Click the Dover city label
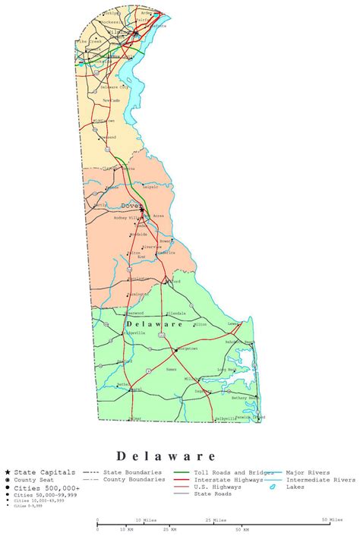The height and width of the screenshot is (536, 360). [x=130, y=205]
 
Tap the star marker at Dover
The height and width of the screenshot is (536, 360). [x=142, y=210]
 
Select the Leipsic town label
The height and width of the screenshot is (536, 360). [x=150, y=185]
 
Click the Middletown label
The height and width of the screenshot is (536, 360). [x=103, y=120]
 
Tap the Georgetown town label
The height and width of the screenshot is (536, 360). [x=187, y=348]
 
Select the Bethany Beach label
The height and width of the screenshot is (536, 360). [x=245, y=397]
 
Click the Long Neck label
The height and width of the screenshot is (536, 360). [x=226, y=370]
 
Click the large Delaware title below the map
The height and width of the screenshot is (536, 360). [x=166, y=456]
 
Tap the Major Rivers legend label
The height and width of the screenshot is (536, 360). [x=306, y=472]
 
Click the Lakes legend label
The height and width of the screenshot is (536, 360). [x=295, y=487]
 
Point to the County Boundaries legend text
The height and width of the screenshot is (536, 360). [x=134, y=480]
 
